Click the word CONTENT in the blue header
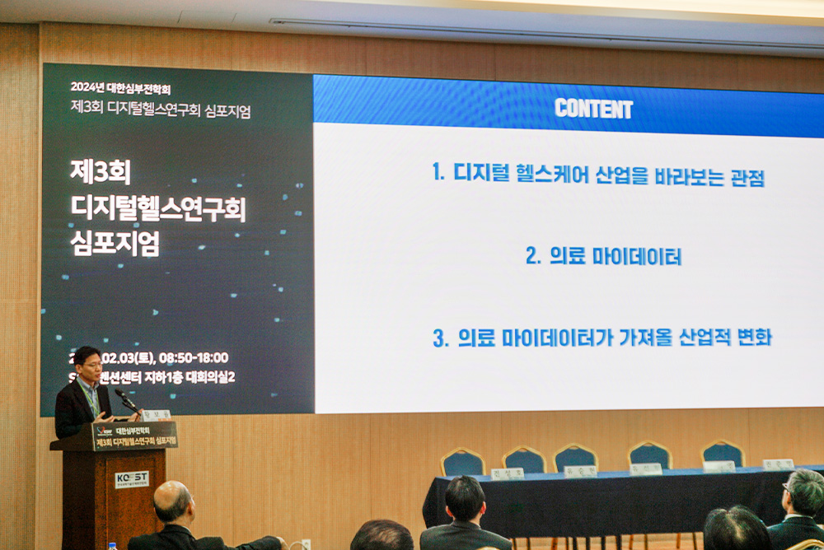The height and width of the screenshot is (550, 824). pos(593,109)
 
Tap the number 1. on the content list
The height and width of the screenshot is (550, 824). pos(438,173)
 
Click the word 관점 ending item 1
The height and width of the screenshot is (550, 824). pos(747,176)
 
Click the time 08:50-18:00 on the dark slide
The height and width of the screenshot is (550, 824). pos(194,357)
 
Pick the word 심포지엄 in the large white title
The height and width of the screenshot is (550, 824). pos(116,245)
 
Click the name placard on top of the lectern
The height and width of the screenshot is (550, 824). pos(156,415)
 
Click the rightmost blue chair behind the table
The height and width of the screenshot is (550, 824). pos(723,454)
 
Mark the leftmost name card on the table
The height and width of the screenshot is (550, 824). pos(507,473)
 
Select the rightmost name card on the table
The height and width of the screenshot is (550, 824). pos(778,464)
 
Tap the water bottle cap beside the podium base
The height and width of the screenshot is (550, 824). pos(112,545)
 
